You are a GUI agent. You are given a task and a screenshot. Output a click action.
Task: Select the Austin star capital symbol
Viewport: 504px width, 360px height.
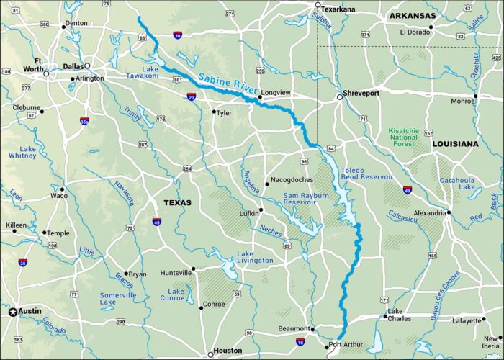point(12,312)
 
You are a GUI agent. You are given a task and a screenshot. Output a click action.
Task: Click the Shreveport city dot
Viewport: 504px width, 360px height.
point(340,96)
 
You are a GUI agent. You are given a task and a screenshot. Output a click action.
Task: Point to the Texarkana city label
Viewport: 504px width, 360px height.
point(338,9)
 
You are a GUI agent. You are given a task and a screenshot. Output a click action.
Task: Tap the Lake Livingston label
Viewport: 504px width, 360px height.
point(255,257)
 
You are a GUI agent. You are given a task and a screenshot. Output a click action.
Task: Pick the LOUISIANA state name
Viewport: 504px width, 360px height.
point(455,144)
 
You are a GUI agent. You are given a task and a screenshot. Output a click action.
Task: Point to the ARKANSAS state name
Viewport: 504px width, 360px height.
point(413,15)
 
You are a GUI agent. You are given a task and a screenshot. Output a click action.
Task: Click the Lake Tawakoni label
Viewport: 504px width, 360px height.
point(139,72)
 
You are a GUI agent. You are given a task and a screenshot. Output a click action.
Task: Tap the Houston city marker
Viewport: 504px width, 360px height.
point(210,353)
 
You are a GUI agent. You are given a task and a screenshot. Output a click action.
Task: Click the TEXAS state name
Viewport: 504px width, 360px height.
point(177,202)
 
